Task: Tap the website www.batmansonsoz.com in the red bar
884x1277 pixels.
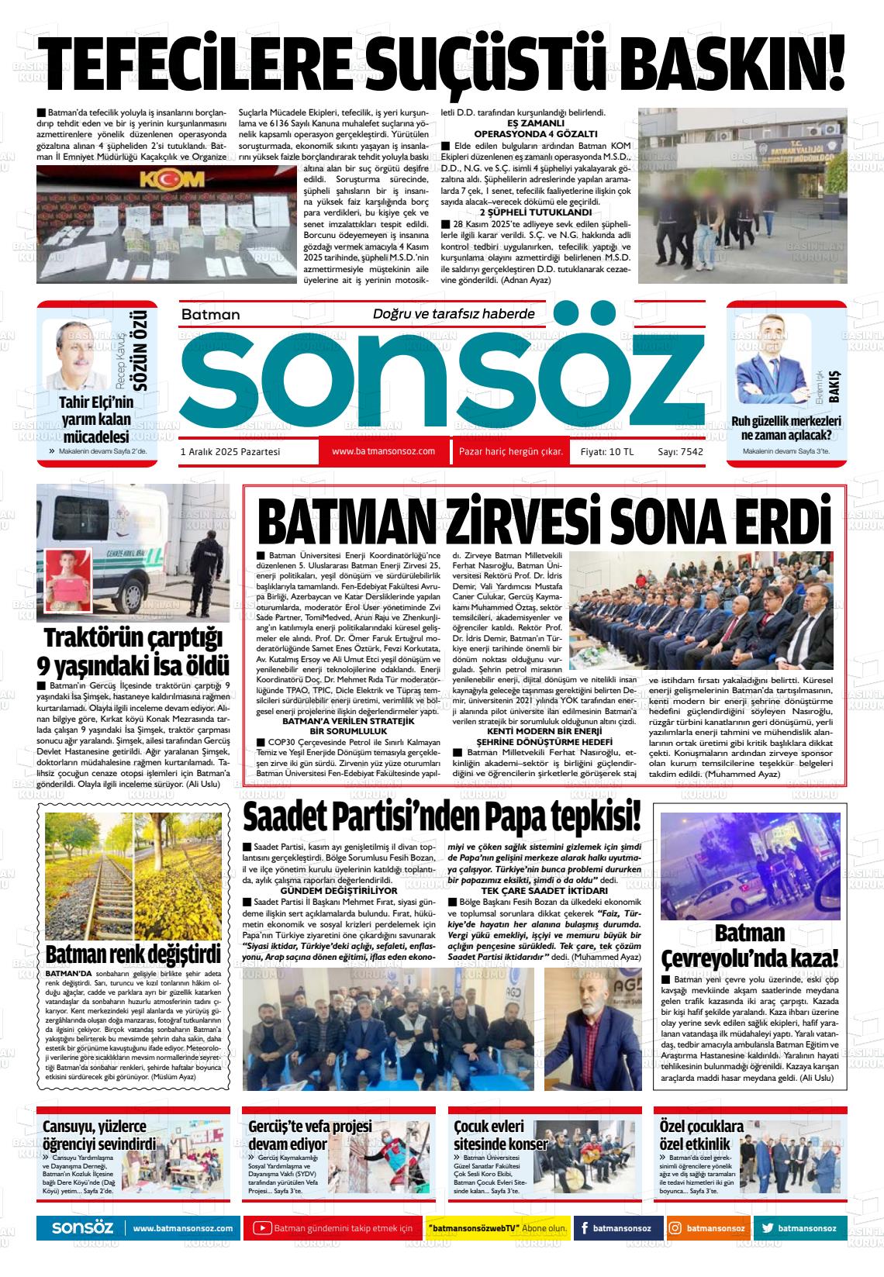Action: pyautogui.click(x=383, y=451)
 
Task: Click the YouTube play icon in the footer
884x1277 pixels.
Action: pyautogui.click(x=262, y=1228)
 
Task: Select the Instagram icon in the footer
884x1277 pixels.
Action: pyautogui.click(x=675, y=1228)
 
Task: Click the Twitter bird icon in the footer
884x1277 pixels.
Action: pyautogui.click(x=768, y=1228)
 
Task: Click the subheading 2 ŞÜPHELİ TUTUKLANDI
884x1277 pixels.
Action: pyautogui.click(x=535, y=212)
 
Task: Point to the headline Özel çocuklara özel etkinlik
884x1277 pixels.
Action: pyautogui.click(x=690, y=1135)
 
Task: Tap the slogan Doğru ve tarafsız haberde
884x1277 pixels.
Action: pyautogui.click(x=454, y=314)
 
